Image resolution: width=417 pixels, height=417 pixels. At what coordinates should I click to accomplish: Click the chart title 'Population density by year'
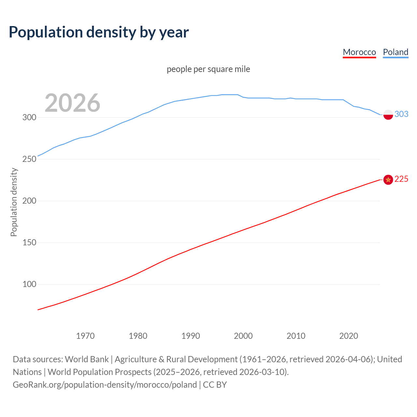[99, 32]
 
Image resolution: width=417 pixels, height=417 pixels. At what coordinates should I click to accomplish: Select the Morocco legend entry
[359, 52]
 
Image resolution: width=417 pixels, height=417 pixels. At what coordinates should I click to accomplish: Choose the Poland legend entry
[395, 52]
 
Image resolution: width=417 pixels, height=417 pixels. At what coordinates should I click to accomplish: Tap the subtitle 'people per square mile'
[208, 69]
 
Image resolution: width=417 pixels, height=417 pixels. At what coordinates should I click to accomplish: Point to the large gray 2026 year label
[72, 103]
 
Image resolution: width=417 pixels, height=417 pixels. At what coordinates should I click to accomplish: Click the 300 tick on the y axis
[29, 117]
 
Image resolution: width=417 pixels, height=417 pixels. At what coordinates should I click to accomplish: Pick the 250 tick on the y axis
[29, 159]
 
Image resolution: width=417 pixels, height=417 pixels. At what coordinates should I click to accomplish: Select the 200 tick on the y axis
[29, 201]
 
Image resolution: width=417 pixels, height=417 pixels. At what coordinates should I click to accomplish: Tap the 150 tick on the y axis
[29, 242]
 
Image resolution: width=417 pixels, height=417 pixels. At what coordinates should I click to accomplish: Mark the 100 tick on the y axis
[29, 284]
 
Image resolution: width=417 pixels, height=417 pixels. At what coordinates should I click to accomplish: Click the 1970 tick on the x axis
[85, 336]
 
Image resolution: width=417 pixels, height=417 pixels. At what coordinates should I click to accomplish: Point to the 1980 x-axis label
[138, 336]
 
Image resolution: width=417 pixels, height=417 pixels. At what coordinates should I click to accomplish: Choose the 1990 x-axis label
[191, 336]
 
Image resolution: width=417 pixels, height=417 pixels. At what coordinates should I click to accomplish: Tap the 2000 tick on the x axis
[243, 336]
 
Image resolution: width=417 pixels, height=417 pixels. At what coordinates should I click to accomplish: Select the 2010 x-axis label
[296, 336]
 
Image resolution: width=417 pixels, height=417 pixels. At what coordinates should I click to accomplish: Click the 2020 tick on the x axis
[349, 336]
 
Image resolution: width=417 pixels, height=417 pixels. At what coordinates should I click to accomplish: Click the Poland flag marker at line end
[388, 115]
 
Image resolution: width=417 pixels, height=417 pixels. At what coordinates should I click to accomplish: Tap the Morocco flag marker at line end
[388, 180]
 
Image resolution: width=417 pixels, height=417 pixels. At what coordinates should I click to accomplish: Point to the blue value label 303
[401, 114]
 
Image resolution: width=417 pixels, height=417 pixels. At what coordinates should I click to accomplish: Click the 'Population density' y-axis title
[14, 202]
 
